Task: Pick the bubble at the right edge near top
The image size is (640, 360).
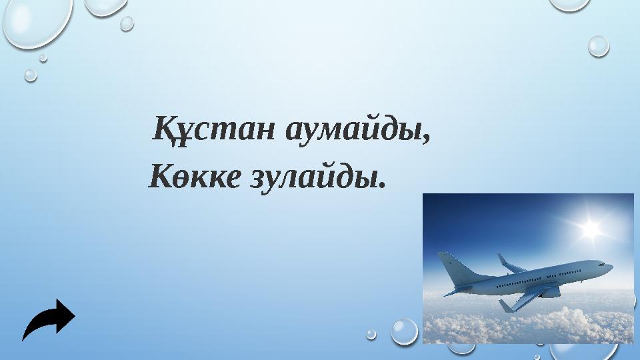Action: (598, 45)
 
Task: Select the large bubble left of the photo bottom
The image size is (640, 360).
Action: (403, 331)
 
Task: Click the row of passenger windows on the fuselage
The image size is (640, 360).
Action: (533, 279)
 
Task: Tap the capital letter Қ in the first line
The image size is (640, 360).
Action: (165, 128)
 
